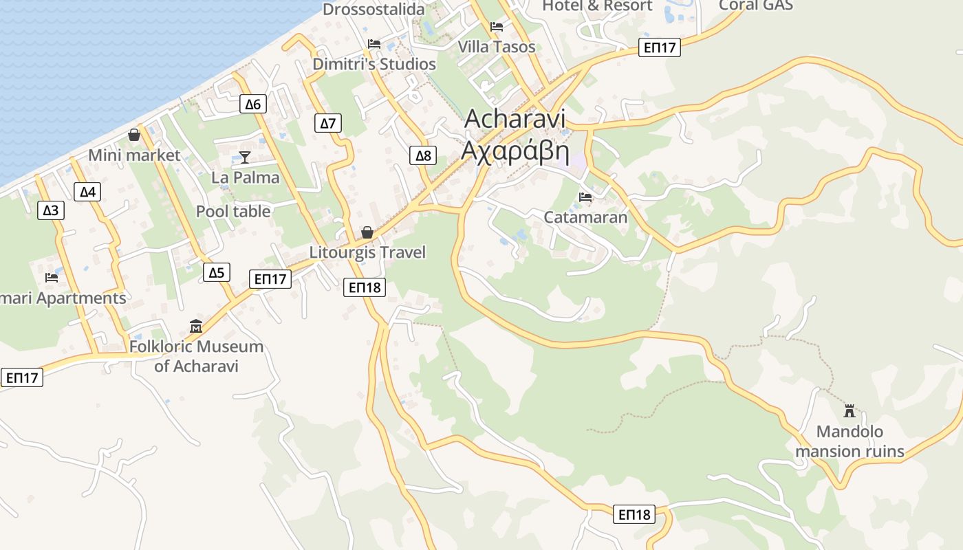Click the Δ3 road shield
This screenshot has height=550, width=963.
[50, 210]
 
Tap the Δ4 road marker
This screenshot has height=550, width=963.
[87, 192]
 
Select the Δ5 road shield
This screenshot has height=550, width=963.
[217, 273]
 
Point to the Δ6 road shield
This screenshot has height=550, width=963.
[253, 104]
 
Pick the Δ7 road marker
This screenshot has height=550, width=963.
[328, 124]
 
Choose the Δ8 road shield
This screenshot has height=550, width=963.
[423, 156]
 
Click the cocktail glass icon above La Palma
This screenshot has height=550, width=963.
[244, 157]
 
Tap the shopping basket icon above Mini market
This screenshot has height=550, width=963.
[134, 135]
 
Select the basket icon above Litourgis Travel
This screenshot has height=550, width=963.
[367, 232]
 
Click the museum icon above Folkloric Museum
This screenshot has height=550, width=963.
[196, 326]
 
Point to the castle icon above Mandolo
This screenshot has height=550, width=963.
[850, 411]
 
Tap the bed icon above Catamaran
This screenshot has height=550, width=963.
[585, 197]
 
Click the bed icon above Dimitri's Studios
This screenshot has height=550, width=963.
[374, 44]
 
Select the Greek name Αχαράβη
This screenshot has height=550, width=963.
[515, 150]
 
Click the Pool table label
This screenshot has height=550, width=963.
[233, 211]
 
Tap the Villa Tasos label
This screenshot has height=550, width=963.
[497, 47]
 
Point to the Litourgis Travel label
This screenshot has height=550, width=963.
[367, 252]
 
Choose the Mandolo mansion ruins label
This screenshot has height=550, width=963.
[850, 441]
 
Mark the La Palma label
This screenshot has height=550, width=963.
[246, 177]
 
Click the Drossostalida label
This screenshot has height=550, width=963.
[374, 10]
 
